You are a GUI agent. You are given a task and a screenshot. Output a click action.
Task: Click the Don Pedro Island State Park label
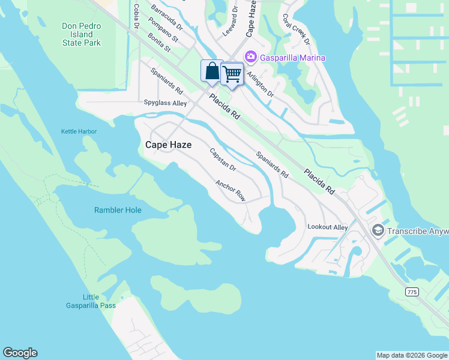82,35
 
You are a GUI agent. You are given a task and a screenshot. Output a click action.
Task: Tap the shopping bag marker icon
212,71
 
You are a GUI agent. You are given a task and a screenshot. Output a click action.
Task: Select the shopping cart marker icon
232,74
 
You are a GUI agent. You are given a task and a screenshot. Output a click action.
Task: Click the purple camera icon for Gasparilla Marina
250,57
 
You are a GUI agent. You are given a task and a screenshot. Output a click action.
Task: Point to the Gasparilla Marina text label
293,58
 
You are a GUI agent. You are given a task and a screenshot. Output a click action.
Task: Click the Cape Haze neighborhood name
169,145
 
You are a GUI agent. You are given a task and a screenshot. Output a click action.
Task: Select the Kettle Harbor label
79,131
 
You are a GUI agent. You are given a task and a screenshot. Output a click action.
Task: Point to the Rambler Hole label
118,210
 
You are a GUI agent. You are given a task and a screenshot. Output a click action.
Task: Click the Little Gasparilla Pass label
91,301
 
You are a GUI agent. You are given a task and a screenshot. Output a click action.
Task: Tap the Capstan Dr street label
223,160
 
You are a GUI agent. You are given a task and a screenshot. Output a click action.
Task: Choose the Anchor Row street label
231,191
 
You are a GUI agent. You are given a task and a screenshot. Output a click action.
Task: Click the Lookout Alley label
328,227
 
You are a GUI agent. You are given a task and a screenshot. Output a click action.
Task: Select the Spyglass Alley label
165,103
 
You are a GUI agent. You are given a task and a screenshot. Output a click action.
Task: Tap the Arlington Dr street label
261,85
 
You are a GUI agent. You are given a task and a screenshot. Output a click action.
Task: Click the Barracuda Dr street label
167,18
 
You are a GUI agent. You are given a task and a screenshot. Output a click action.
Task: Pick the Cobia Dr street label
137,16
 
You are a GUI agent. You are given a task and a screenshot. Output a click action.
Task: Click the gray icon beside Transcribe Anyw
378,230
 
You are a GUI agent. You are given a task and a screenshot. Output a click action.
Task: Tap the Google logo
20,353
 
